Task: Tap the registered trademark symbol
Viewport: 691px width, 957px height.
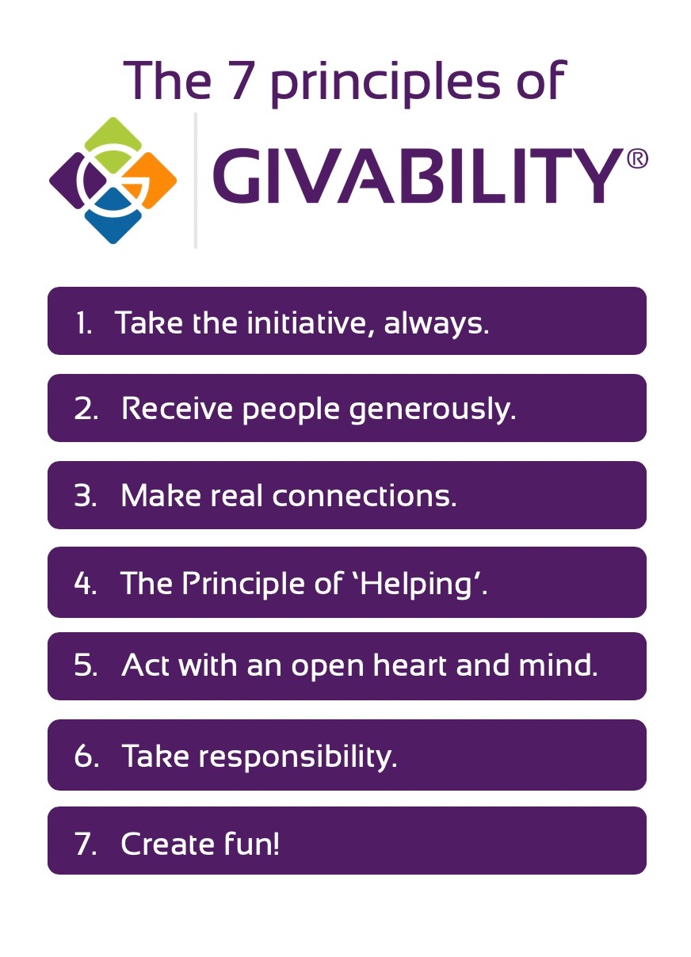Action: pos(637,158)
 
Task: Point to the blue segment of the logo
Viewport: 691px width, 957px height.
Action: pos(113,217)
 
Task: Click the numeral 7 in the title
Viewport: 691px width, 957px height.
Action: pos(242,80)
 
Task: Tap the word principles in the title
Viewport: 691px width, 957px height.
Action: pos(386,82)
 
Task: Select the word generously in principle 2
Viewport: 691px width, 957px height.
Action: pos(432,410)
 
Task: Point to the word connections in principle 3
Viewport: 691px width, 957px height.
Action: pos(364,497)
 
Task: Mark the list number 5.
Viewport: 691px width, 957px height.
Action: pos(86,666)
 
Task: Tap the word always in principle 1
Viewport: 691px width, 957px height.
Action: pos(436,324)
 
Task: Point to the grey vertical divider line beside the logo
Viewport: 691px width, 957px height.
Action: pos(195,181)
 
